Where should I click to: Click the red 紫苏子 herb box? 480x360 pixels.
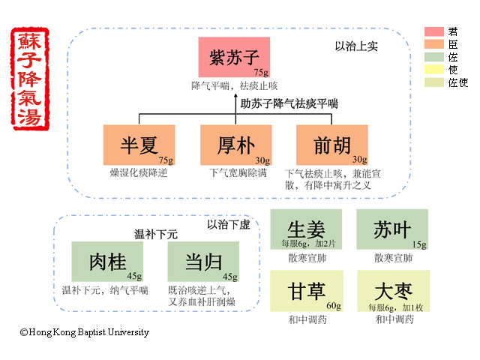234,56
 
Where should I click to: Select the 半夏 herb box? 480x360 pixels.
139,145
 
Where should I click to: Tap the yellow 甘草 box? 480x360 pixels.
305,291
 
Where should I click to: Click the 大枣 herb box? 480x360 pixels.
392,291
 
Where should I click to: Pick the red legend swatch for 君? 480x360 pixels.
435,31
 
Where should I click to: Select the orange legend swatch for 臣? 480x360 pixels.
435,44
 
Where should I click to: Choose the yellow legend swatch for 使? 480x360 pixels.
435,70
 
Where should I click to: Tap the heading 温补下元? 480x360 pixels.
155,235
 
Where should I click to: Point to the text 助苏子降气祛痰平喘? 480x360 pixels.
289,103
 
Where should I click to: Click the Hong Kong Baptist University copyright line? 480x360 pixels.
85,331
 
